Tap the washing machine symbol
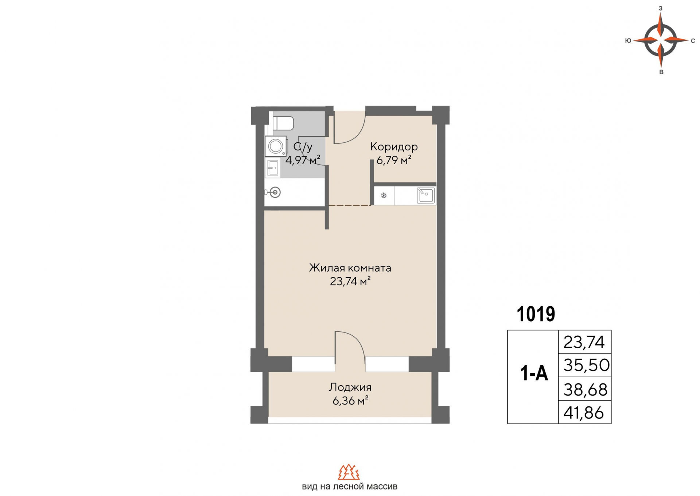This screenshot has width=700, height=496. tap(276, 146)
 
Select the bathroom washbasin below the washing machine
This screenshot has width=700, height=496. tap(273, 168)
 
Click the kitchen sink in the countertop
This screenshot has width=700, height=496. tap(425, 195)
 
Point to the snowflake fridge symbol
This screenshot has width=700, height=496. tap(384, 196)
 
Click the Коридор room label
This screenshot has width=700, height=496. tap(394, 147)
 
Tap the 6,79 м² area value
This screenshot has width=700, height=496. tap(394, 160)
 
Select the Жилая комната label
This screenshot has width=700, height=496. tap(350, 268)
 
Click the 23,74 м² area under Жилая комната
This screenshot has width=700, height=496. tap(350, 281)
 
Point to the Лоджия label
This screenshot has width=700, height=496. tap(350, 387)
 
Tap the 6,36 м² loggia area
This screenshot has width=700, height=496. tap(350, 401)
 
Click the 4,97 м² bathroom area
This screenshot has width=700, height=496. tap(303, 160)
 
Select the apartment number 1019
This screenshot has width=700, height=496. tap(536, 314)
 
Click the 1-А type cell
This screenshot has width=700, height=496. tap(534, 373)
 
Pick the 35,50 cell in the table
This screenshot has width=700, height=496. tap(586, 365)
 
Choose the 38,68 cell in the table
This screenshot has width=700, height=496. tap(586, 389)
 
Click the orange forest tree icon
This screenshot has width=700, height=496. tap(349, 472)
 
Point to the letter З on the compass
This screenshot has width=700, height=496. tap(660, 8)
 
